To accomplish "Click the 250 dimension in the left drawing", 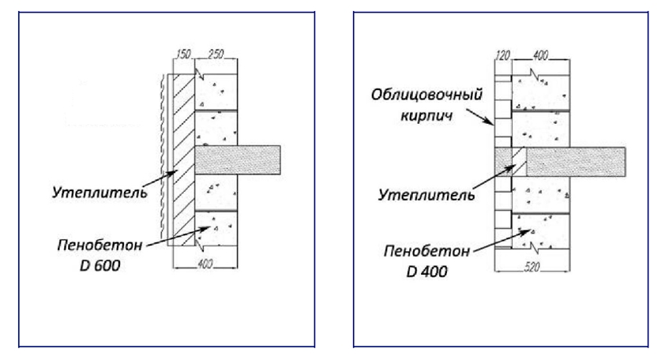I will pos(216,54).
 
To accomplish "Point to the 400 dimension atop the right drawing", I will pos(540,56).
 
